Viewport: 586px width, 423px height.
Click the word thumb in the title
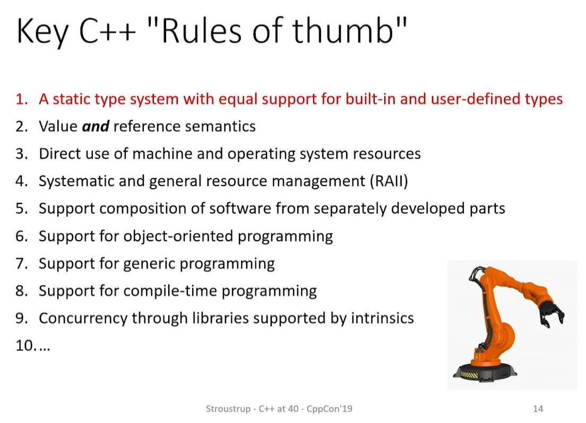pos(342,30)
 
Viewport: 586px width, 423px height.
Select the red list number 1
pos(21,99)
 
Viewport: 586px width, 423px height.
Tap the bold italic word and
pos(96,126)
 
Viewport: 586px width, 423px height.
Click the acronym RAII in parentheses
pos(389,181)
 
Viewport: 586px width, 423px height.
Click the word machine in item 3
pos(162,154)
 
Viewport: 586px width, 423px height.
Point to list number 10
pos(25,346)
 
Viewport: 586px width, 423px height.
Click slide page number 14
pos(538,409)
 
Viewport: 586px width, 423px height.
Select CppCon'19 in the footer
pos(329,409)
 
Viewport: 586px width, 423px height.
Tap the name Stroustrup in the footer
pos(228,409)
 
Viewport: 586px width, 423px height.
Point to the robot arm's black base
pos(485,372)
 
